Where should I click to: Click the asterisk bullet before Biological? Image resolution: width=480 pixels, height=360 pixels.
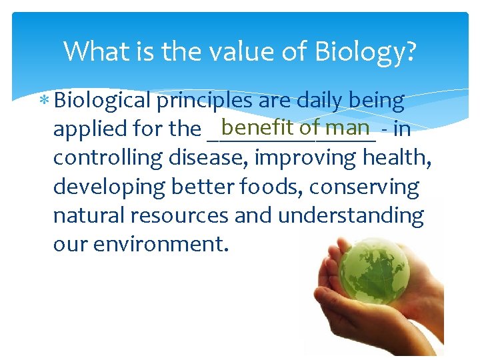coord(45,101)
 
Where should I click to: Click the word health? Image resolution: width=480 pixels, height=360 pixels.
coord(414,158)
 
